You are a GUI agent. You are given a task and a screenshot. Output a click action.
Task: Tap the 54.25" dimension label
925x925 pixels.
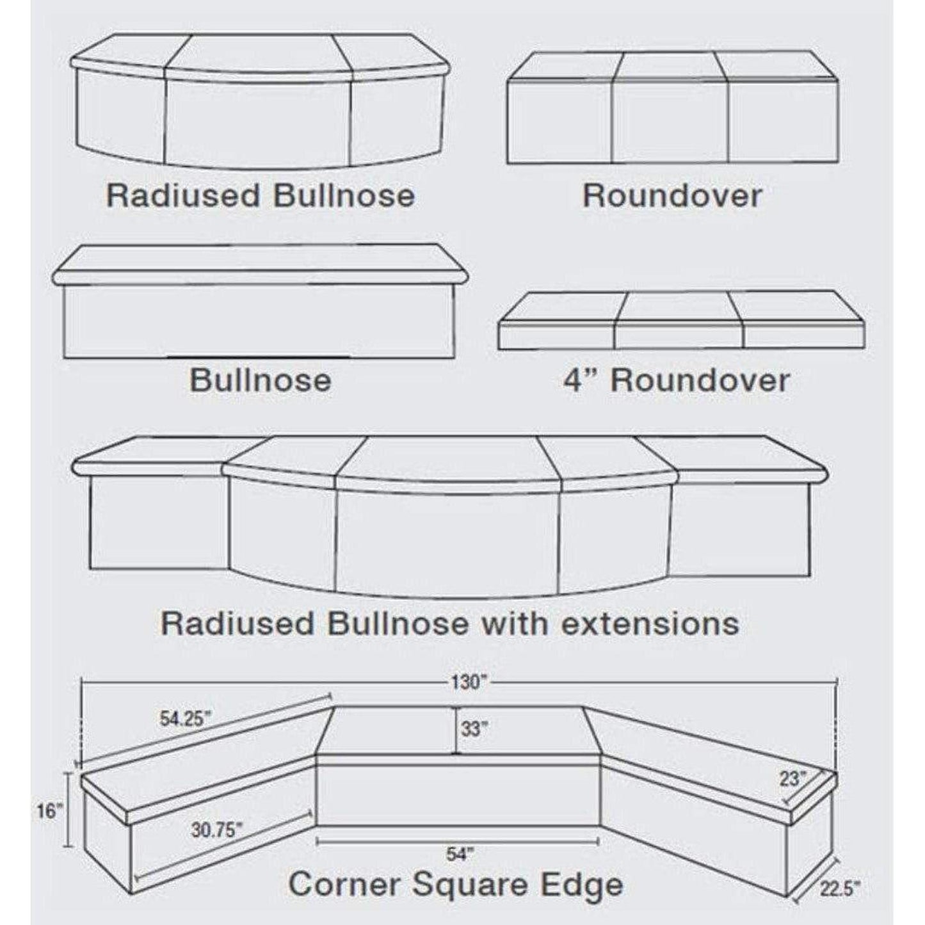pos(185,719)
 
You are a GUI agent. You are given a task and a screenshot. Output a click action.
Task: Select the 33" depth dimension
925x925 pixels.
pos(474,728)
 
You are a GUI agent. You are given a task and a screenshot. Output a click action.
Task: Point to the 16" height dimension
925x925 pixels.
pos(51,811)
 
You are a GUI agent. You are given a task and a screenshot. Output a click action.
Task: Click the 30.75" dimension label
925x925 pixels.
pos(216,830)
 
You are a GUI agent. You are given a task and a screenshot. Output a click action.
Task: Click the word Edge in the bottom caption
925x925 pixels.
pos(586,885)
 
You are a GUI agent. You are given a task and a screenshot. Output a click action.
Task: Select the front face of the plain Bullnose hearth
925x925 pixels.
pos(259,321)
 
